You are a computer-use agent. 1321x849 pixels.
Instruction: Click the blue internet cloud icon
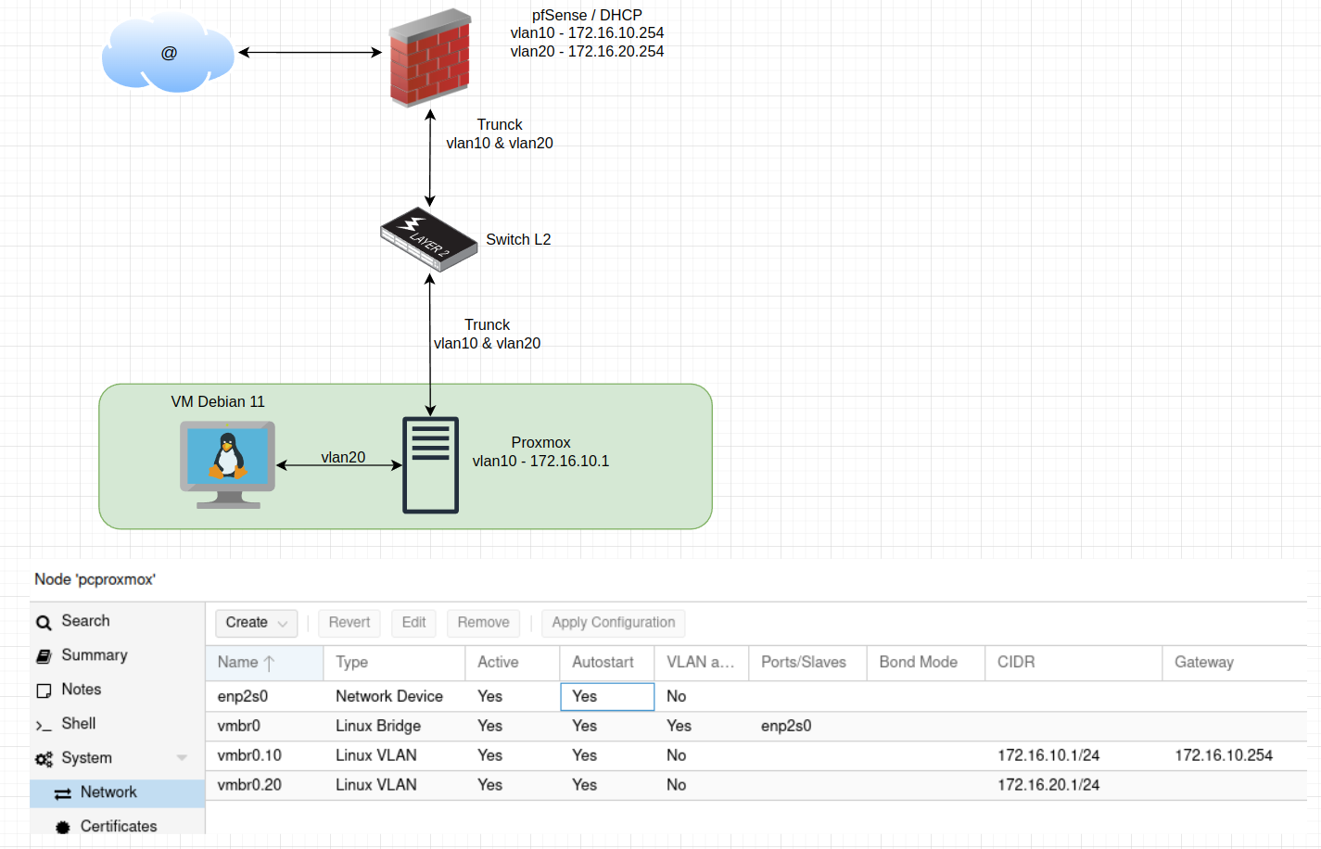(x=168, y=53)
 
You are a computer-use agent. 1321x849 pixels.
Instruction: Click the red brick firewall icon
(x=429, y=58)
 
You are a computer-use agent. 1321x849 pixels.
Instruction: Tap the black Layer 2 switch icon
(x=428, y=239)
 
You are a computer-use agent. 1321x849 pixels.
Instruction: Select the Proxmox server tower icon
(x=430, y=464)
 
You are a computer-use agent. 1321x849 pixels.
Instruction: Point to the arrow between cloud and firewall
(x=310, y=53)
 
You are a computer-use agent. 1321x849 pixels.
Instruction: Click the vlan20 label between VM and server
(x=343, y=457)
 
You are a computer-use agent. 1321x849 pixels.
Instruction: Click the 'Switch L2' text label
(x=518, y=239)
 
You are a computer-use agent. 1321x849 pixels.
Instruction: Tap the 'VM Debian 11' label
(x=218, y=401)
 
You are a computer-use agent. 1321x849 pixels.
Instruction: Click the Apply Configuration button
(x=613, y=623)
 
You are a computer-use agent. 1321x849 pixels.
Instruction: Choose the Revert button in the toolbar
(x=349, y=623)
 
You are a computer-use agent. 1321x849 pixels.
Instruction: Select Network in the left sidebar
(x=108, y=792)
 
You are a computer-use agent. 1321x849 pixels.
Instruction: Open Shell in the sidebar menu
(x=79, y=724)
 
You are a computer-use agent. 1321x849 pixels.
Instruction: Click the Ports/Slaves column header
(x=803, y=663)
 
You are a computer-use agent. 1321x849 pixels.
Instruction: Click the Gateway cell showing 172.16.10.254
(x=1223, y=755)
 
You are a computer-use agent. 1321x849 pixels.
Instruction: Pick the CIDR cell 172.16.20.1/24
(x=1048, y=785)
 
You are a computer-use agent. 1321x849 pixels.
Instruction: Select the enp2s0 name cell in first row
(x=243, y=696)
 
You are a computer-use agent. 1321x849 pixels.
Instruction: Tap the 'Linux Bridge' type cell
(x=378, y=726)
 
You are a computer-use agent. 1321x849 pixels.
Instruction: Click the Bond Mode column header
(x=918, y=663)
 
